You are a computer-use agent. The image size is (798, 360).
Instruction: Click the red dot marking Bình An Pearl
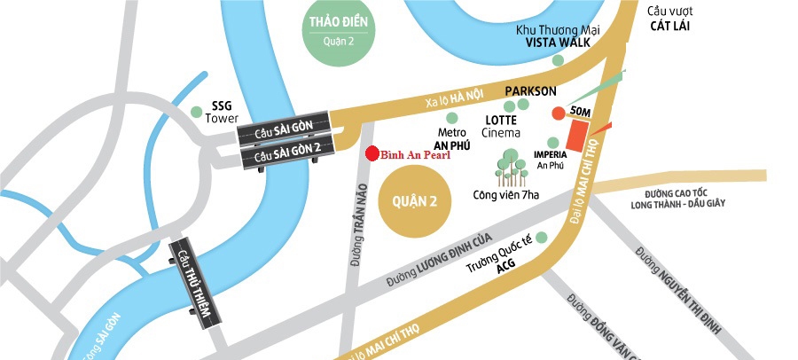coord(372,153)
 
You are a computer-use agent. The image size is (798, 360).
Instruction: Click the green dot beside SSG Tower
coord(197,112)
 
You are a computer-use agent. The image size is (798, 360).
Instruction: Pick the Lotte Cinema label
coord(500,126)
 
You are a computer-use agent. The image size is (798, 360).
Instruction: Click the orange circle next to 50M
coord(558,113)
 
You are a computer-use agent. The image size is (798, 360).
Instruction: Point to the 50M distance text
coord(582,112)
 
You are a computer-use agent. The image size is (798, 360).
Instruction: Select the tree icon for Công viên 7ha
coord(509,168)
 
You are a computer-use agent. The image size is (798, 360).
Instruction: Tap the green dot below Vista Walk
coord(558,60)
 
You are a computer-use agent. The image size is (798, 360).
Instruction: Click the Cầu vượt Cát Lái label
coord(669,18)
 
